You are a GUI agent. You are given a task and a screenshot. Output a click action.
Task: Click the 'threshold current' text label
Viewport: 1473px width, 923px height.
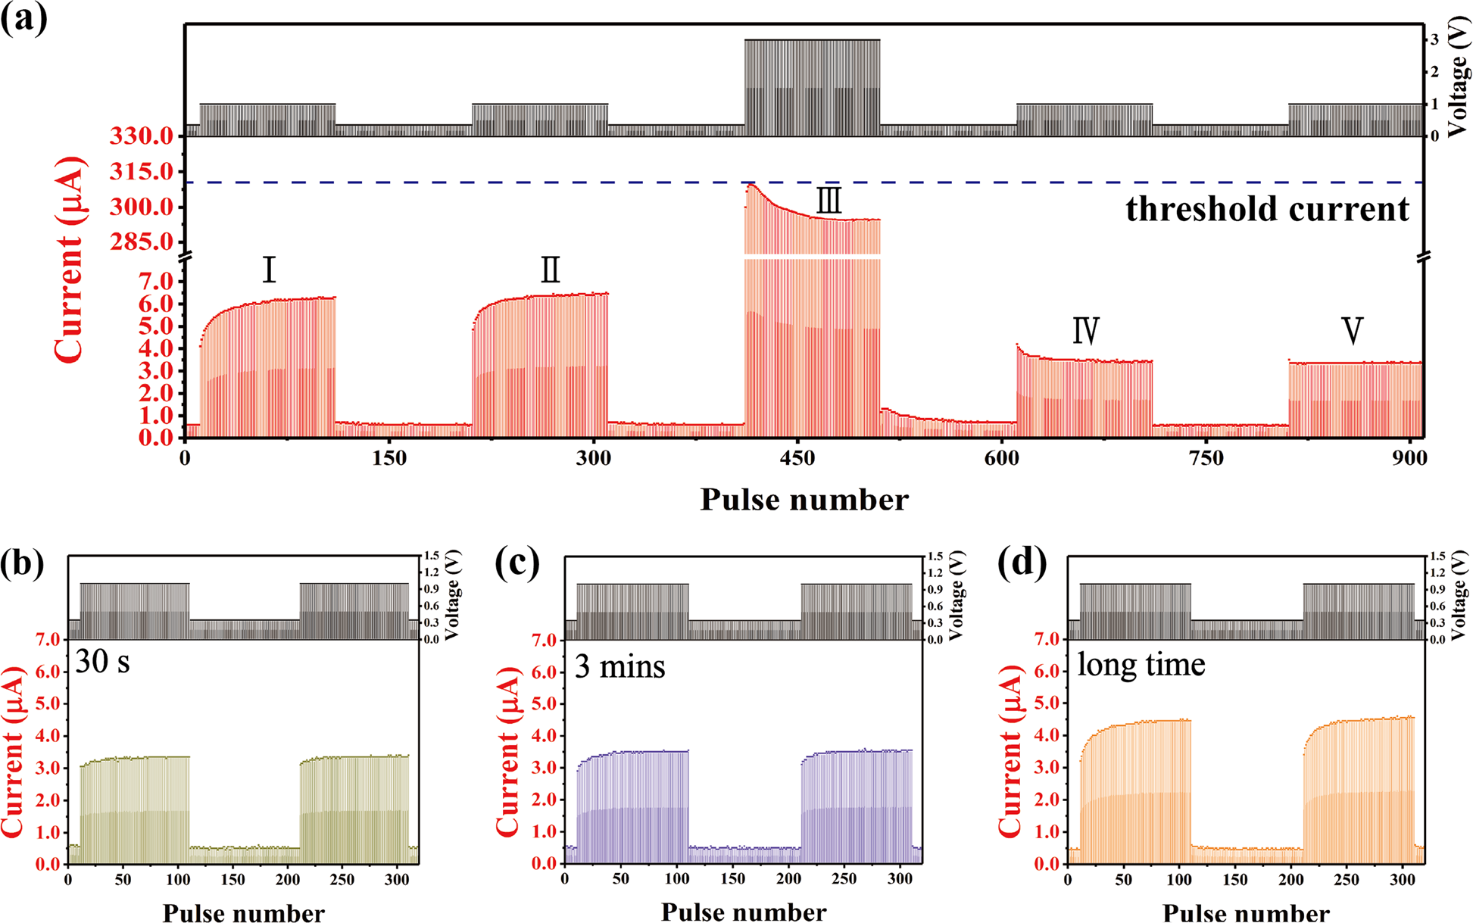[1267, 209]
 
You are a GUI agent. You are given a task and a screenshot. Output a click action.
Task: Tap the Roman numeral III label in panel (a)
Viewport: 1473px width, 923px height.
[829, 201]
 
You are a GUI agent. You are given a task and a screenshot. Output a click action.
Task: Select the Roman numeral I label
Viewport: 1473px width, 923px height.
[269, 270]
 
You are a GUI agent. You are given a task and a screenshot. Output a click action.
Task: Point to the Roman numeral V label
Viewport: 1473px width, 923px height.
[1352, 331]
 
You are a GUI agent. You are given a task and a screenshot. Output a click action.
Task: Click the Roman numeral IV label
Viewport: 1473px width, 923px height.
[1085, 331]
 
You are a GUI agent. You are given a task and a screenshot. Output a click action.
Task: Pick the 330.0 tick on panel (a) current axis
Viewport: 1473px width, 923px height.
[141, 136]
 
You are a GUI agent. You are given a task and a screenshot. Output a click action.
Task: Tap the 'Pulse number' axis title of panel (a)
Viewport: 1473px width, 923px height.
[804, 500]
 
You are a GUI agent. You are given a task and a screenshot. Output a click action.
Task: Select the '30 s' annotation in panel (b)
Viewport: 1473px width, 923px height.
[102, 662]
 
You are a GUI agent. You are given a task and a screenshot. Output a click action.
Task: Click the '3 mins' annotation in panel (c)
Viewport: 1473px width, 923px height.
[619, 666]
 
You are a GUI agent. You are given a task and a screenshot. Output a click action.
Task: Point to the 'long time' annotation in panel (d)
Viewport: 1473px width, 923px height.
[1141, 665]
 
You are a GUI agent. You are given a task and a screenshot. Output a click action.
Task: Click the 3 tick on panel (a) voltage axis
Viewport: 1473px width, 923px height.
[1434, 39]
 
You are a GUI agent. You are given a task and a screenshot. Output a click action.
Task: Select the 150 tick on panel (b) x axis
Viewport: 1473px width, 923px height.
[232, 880]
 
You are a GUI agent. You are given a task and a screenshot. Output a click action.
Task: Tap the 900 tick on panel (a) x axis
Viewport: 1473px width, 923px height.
[1409, 458]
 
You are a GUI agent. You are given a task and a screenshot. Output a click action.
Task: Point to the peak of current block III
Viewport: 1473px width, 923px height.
[750, 184]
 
